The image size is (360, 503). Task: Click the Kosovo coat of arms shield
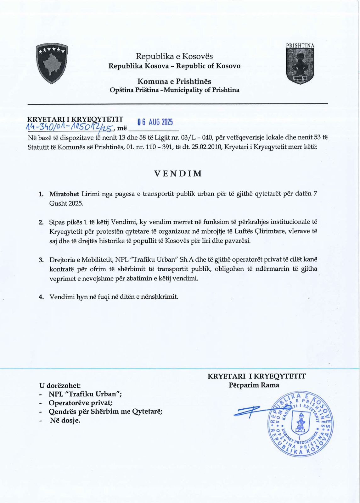(51, 63)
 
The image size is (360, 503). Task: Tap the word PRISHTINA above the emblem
(300, 46)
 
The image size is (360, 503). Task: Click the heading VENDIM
(178, 174)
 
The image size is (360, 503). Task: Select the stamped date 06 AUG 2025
(155, 122)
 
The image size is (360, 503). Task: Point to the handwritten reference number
(70, 127)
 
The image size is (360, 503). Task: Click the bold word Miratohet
(64, 194)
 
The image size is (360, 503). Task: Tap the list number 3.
(41, 260)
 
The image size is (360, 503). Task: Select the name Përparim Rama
(254, 385)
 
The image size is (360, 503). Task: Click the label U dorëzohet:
(60, 385)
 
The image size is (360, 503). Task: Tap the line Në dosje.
(65, 420)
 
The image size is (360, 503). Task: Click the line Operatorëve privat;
(81, 403)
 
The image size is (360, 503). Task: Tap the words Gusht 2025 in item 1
(66, 203)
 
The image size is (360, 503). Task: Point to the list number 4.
(41, 297)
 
